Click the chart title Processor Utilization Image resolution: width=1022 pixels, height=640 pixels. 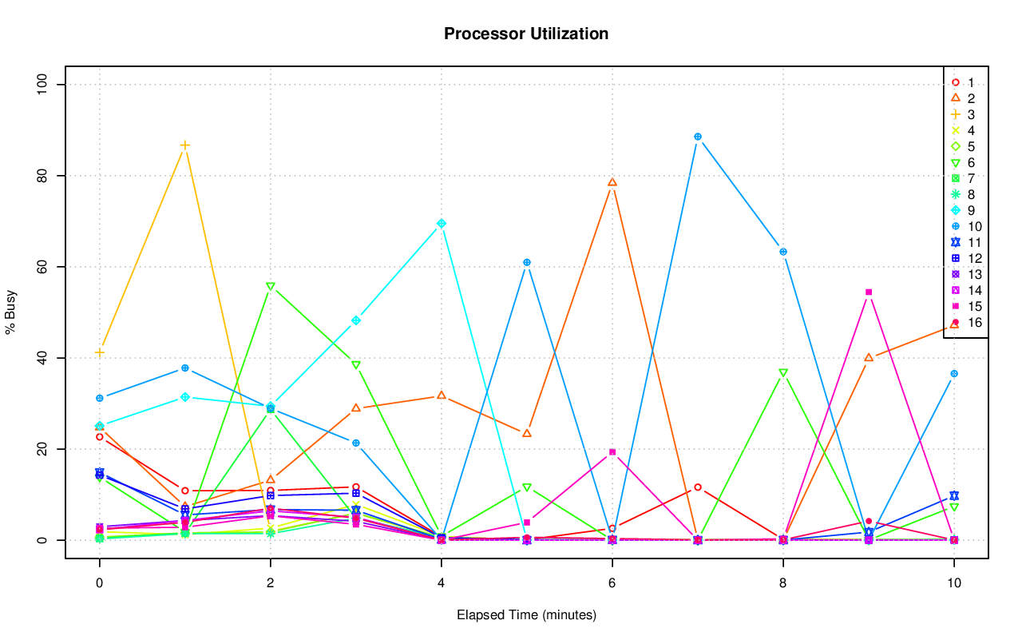(526, 34)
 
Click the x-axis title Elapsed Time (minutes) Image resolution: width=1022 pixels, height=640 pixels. (526, 615)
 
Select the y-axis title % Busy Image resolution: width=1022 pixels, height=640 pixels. (11, 312)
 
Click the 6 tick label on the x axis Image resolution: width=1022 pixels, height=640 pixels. (612, 584)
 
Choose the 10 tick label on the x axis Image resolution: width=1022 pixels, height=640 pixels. (953, 584)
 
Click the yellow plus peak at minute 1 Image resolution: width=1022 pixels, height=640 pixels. (185, 145)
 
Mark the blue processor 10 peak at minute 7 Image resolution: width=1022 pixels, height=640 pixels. (698, 137)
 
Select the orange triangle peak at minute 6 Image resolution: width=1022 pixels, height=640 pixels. (612, 182)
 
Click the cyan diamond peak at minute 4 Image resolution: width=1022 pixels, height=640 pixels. (442, 224)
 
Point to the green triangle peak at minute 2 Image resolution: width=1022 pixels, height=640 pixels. (271, 286)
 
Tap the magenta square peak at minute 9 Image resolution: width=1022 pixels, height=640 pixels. (869, 292)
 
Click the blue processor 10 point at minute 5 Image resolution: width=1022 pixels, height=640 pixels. (527, 262)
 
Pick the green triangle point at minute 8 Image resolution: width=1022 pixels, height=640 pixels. (783, 373)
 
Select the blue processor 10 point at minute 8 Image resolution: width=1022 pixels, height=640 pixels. (783, 252)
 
